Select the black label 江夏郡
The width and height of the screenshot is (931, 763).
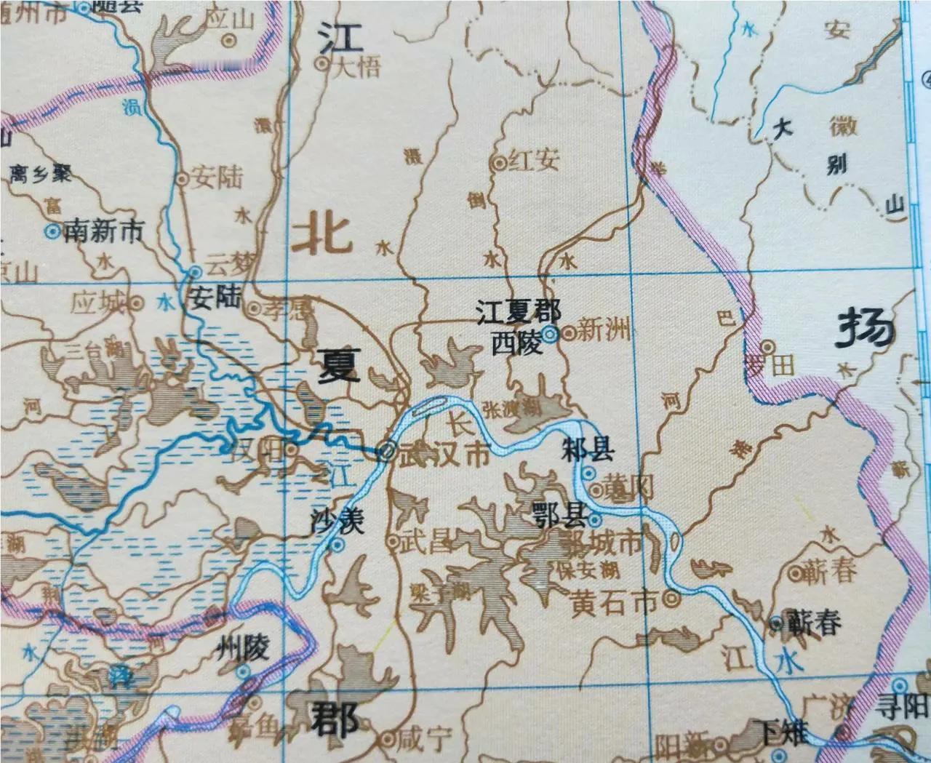(518, 313)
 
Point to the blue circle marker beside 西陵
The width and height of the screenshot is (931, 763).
(551, 335)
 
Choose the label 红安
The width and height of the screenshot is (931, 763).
(534, 161)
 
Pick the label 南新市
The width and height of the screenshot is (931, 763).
(104, 232)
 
